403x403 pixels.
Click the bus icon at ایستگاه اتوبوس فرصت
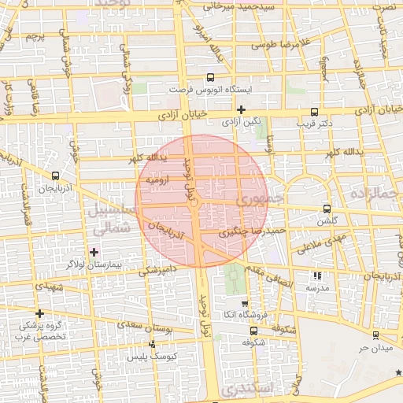point(209,77)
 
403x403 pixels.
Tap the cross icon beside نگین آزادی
point(241,109)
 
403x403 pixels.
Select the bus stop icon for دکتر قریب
point(315,112)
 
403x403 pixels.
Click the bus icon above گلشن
point(327,209)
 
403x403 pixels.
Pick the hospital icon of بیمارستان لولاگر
point(94,252)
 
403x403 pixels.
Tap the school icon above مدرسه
point(317,276)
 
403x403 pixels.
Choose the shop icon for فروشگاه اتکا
point(244,304)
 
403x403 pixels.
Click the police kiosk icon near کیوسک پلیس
point(152,345)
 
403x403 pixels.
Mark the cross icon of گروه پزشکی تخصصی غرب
point(39,313)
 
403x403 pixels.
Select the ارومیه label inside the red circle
point(159,179)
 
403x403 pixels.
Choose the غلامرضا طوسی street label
point(277,46)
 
